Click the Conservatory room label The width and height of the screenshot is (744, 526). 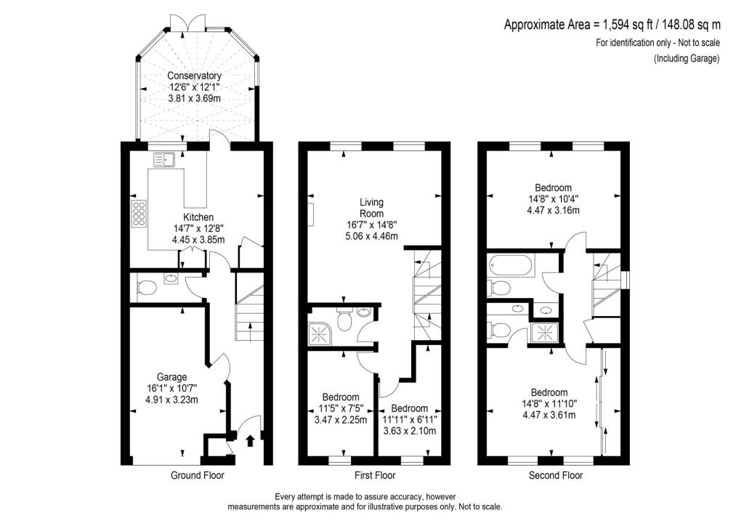[x=194, y=76]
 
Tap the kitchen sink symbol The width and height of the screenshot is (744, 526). [x=164, y=160]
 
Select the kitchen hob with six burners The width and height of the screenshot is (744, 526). [x=139, y=213]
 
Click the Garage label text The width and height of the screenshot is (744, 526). [x=171, y=377]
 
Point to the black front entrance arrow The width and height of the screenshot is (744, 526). [x=250, y=440]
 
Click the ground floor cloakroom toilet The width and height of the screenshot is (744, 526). [x=147, y=288]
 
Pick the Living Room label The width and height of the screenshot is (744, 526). [x=371, y=208]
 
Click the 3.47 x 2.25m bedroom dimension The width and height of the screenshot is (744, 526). [x=341, y=420]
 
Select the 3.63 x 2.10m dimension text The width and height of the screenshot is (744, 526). [x=410, y=431]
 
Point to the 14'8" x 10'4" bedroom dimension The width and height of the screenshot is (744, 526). [x=553, y=199]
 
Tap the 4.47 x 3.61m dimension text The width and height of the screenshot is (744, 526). [x=549, y=415]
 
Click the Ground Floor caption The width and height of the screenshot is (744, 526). [x=198, y=475]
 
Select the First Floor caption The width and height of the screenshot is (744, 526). [x=375, y=475]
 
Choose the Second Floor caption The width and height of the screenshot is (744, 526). [x=556, y=475]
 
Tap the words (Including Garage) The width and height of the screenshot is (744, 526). [x=687, y=59]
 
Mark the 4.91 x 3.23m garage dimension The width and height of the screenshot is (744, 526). [x=171, y=400]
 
